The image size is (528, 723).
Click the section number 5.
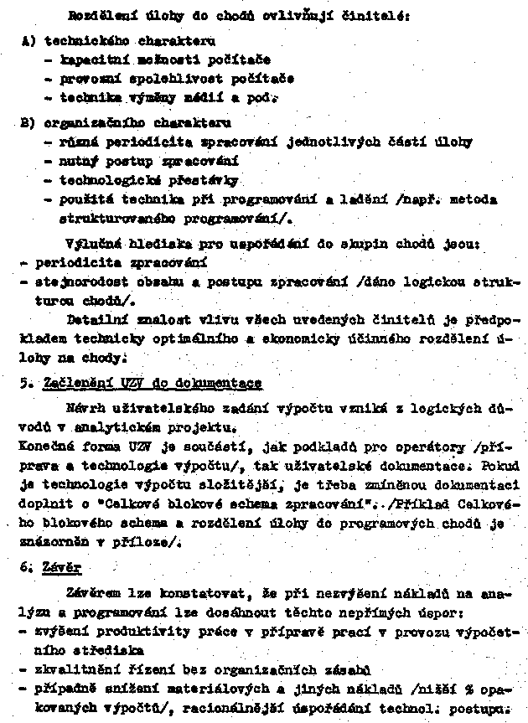[25, 383]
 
